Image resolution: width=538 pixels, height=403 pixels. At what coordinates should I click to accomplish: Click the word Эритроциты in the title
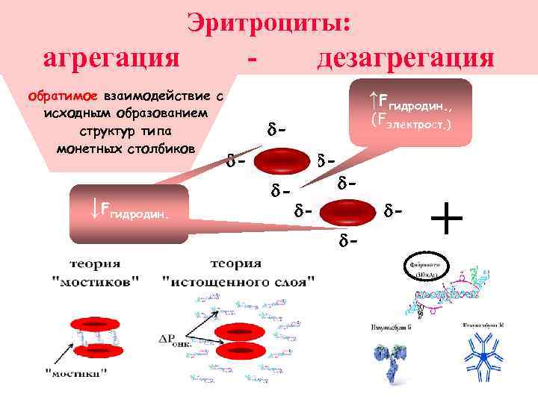[268, 22]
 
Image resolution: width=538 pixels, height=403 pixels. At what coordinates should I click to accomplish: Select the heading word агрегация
[113, 58]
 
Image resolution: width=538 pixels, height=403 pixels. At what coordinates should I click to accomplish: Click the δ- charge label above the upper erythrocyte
[276, 131]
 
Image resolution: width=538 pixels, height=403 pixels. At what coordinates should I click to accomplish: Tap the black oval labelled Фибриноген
[424, 268]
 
